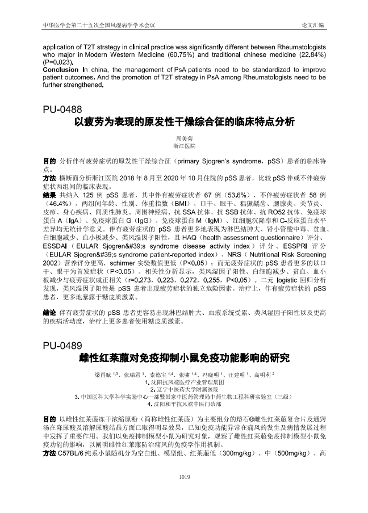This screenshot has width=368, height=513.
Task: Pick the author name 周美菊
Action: pos(184,138)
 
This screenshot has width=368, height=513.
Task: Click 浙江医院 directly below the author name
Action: pos(184,146)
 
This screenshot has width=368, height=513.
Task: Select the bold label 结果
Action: pos(49,193)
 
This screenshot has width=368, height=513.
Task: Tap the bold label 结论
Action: pos(49,312)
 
